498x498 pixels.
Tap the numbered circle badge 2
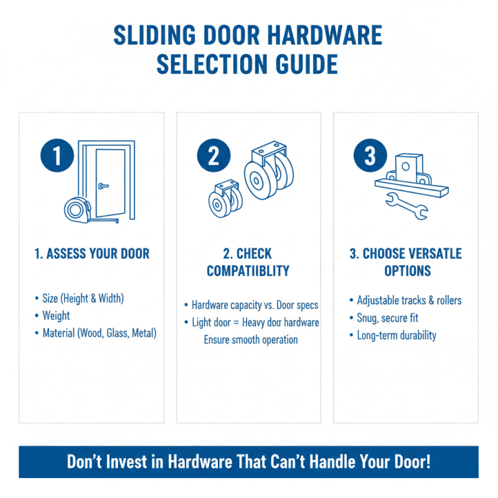click(214, 155)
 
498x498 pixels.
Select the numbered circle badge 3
click(370, 155)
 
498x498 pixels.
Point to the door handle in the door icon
click(103, 185)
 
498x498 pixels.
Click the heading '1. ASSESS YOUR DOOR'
click(92, 254)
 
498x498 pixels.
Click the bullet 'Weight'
click(56, 316)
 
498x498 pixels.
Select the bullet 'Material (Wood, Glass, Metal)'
click(99, 333)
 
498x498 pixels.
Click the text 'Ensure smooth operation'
click(251, 340)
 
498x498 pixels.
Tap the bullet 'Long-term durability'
click(397, 336)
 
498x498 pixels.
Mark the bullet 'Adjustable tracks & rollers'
click(409, 301)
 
